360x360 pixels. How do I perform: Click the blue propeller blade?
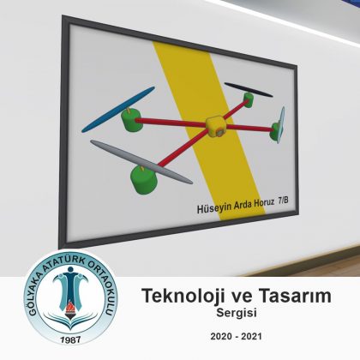pos(118,110)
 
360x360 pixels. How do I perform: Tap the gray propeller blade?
pos(141,162)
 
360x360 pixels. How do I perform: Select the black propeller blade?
pos(249,90)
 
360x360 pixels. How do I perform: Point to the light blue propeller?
pos(281,124)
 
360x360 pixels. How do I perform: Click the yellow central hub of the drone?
pos(216,126)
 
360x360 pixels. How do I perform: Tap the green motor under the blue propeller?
pos(131,120)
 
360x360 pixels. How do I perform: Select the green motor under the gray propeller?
pos(144,180)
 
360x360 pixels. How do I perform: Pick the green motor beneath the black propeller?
pos(249,99)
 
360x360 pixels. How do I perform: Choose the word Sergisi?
pos(237,313)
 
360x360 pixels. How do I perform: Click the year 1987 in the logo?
pos(71,339)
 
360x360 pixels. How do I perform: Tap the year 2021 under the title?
pos(251,336)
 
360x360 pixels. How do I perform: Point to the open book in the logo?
pos(70,321)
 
